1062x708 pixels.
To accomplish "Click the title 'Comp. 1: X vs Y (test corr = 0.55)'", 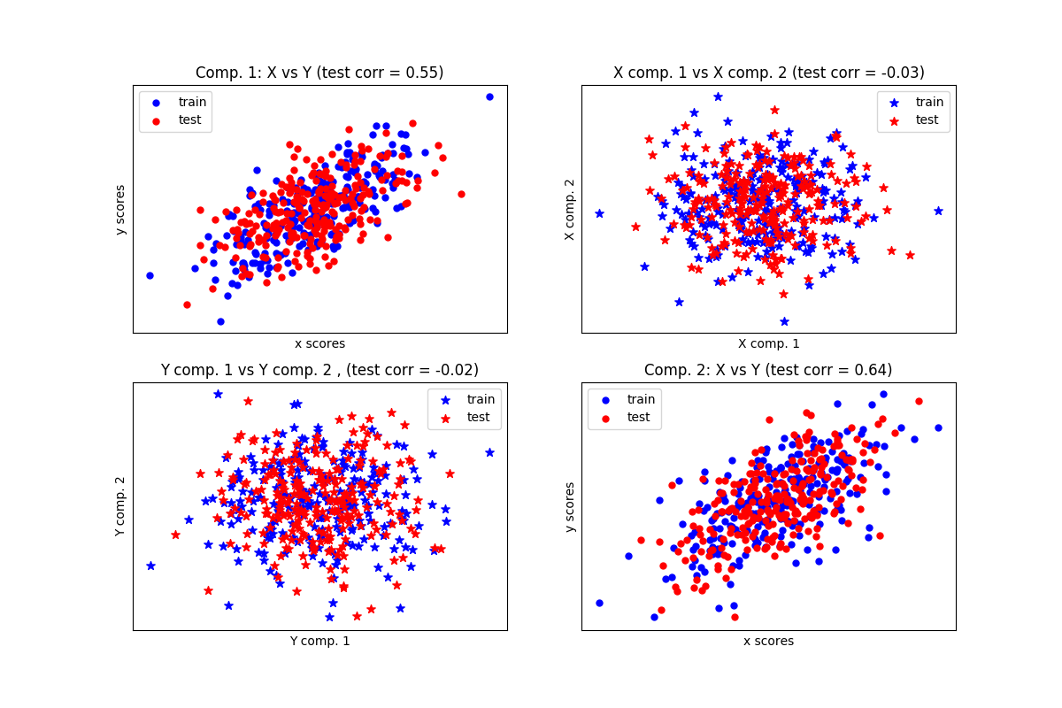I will tap(319, 73).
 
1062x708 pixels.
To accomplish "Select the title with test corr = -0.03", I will tap(768, 73).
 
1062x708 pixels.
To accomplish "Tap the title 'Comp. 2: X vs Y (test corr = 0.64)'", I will tap(768, 370).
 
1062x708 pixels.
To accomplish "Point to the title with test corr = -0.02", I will tap(319, 370).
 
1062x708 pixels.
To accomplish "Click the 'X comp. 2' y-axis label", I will tap(570, 210).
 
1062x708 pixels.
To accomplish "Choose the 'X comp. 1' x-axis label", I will tap(768, 343).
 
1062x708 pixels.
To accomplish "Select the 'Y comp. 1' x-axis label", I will tap(319, 641).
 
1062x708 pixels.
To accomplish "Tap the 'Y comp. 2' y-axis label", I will tap(121, 506).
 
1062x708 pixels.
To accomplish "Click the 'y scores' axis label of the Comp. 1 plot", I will tap(121, 210).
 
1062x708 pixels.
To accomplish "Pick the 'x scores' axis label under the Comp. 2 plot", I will tap(768, 641).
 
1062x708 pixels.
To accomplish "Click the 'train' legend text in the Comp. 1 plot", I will tap(192, 102).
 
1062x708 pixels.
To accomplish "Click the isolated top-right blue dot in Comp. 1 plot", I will tap(489, 96).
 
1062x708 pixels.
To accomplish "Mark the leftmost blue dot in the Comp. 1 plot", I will tap(150, 275).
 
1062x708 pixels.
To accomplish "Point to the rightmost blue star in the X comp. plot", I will tap(938, 211).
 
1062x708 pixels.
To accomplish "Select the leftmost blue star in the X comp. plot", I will tap(599, 213).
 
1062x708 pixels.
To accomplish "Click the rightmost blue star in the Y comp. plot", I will tap(489, 452).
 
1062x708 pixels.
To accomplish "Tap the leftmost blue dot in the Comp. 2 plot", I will tap(599, 603).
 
